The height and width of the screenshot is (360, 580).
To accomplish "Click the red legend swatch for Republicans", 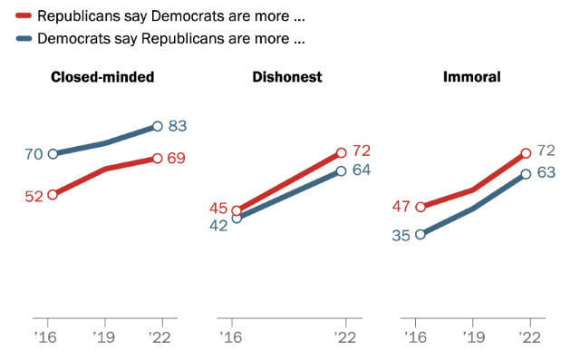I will coord(19,15).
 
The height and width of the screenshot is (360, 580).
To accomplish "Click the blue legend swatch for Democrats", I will coord(19,39).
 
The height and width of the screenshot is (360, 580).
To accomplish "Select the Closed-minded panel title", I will coord(102,77).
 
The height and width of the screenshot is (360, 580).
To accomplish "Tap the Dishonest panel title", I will coord(286,77).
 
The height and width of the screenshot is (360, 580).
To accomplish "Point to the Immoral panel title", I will coord(471,77).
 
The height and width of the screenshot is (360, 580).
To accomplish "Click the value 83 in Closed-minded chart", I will coord(178,126).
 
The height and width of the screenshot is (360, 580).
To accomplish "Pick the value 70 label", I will coord(34,154).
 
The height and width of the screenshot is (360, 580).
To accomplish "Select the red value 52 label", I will coord(34,196).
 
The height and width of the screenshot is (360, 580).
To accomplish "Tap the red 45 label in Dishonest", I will coord(219,209).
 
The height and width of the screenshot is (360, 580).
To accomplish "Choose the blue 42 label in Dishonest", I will coord(218,226).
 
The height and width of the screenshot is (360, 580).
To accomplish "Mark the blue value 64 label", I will coord(362,170).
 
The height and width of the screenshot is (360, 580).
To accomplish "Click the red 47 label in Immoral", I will coord(402,206).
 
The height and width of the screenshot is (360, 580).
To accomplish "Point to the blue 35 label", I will coord(401,235).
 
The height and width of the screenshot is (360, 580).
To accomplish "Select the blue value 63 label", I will coord(546,172).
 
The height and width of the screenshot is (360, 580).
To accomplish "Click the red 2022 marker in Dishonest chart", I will coord(342,153).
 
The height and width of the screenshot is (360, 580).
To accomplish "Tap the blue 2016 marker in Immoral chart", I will coord(420,234).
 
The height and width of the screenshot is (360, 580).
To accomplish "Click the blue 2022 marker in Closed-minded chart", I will coord(158,126).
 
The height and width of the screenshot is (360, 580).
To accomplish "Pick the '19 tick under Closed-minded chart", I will coord(106,336).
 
